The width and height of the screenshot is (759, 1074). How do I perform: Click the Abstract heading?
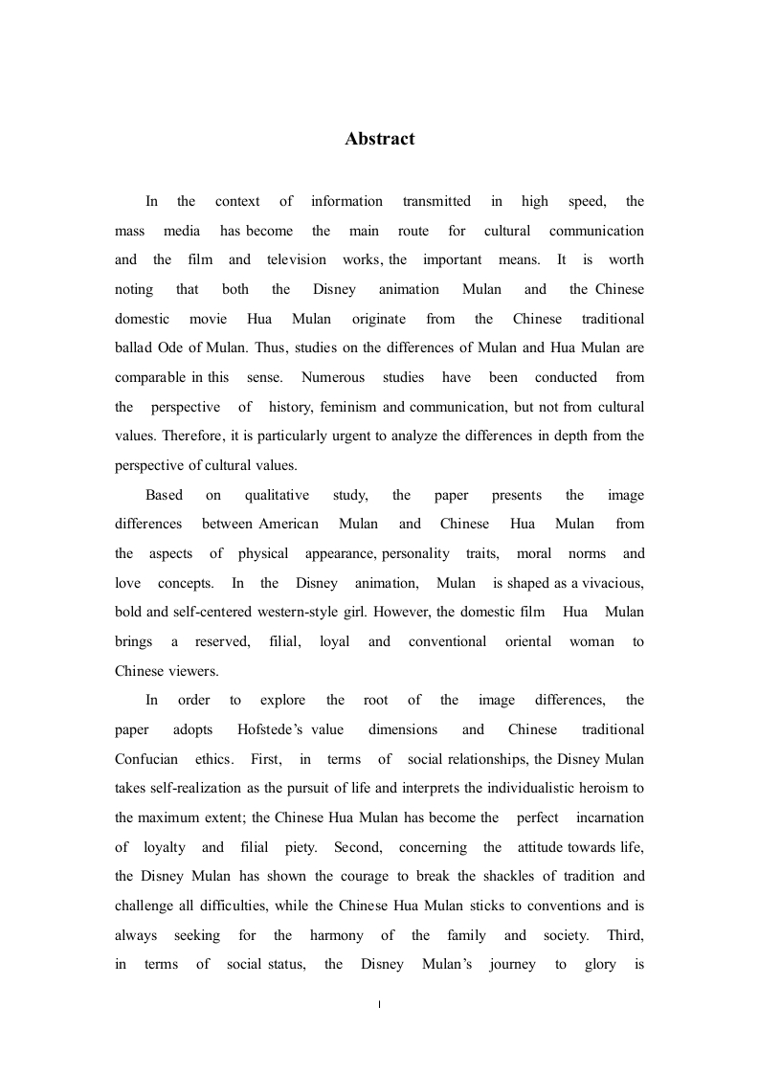(x=380, y=139)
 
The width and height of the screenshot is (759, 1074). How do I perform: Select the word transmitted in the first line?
(x=436, y=201)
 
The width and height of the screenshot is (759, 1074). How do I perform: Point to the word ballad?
(x=134, y=347)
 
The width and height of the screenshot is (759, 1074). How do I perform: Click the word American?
(x=289, y=524)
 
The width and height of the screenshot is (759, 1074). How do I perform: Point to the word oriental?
(x=528, y=641)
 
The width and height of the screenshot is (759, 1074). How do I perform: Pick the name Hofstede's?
(x=273, y=729)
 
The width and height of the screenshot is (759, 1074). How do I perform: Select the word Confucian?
(x=146, y=759)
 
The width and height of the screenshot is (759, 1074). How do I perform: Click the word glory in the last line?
(x=599, y=964)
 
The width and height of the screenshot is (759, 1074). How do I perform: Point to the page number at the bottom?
(x=380, y=1005)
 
